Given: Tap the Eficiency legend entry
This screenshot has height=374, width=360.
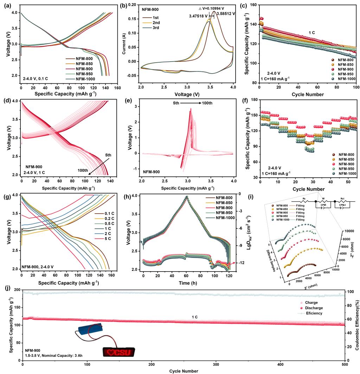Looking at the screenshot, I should [313, 313].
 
